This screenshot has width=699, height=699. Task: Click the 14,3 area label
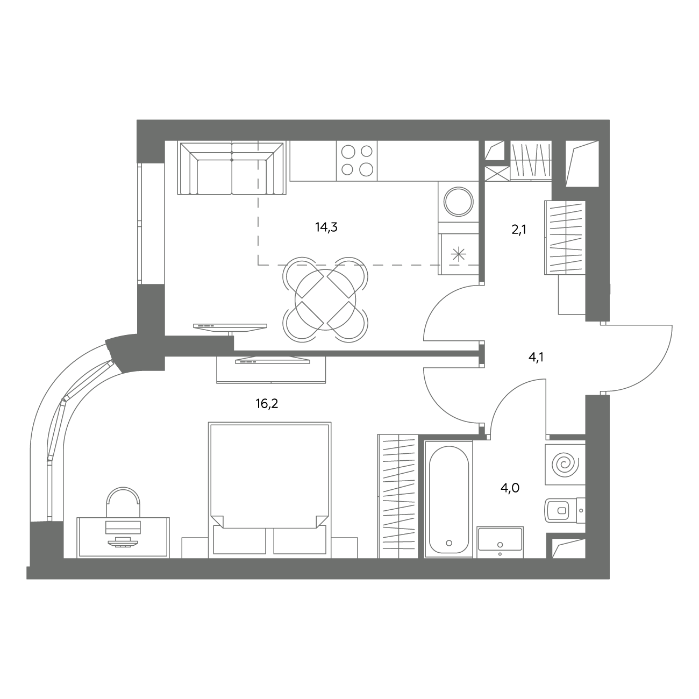pyautogui.click(x=326, y=227)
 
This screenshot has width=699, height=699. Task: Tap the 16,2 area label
pyautogui.click(x=267, y=404)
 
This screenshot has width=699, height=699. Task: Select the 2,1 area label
pyautogui.click(x=519, y=230)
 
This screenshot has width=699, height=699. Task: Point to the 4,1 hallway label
pyautogui.click(x=536, y=358)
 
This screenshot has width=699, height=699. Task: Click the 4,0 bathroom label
pyautogui.click(x=510, y=488)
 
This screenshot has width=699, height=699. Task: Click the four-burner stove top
pyautogui.click(x=357, y=161)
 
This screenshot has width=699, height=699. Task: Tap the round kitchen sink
pyautogui.click(x=459, y=202)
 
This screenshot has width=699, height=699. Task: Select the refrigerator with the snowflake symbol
pyautogui.click(x=459, y=254)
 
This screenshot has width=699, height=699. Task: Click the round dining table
pyautogui.click(x=325, y=299)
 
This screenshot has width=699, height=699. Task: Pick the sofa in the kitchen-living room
pyautogui.click(x=232, y=168)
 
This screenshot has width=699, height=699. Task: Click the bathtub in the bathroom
pyautogui.click(x=449, y=499)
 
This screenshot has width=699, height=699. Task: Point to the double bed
pyautogui.click(x=269, y=490)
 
